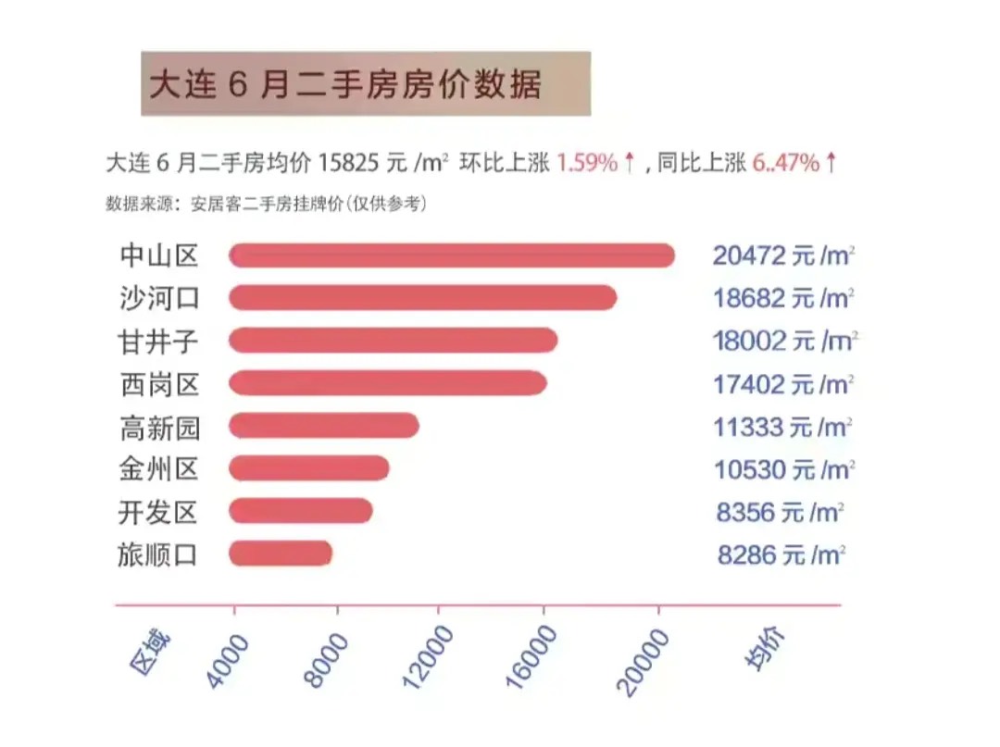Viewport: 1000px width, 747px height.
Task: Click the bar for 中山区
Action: pyautogui.click(x=452, y=255)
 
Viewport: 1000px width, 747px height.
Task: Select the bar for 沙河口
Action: pyautogui.click(x=423, y=298)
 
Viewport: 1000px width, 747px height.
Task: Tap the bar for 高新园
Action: pyautogui.click(x=324, y=426)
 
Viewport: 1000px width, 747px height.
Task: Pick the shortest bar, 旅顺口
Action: pyautogui.click(x=281, y=554)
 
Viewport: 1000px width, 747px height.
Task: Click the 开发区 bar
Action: pyautogui.click(x=301, y=511)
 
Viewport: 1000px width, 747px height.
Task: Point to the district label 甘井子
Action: pyautogui.click(x=159, y=342)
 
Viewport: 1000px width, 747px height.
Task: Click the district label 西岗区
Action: pyautogui.click(x=159, y=384)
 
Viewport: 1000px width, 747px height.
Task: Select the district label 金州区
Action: pyautogui.click(x=159, y=469)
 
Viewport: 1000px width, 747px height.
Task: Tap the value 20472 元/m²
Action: pyautogui.click(x=782, y=256)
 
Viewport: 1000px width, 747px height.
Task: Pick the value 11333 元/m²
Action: pyautogui.click(x=782, y=427)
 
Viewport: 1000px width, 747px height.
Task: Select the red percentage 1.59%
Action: pyautogui.click(x=586, y=164)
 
